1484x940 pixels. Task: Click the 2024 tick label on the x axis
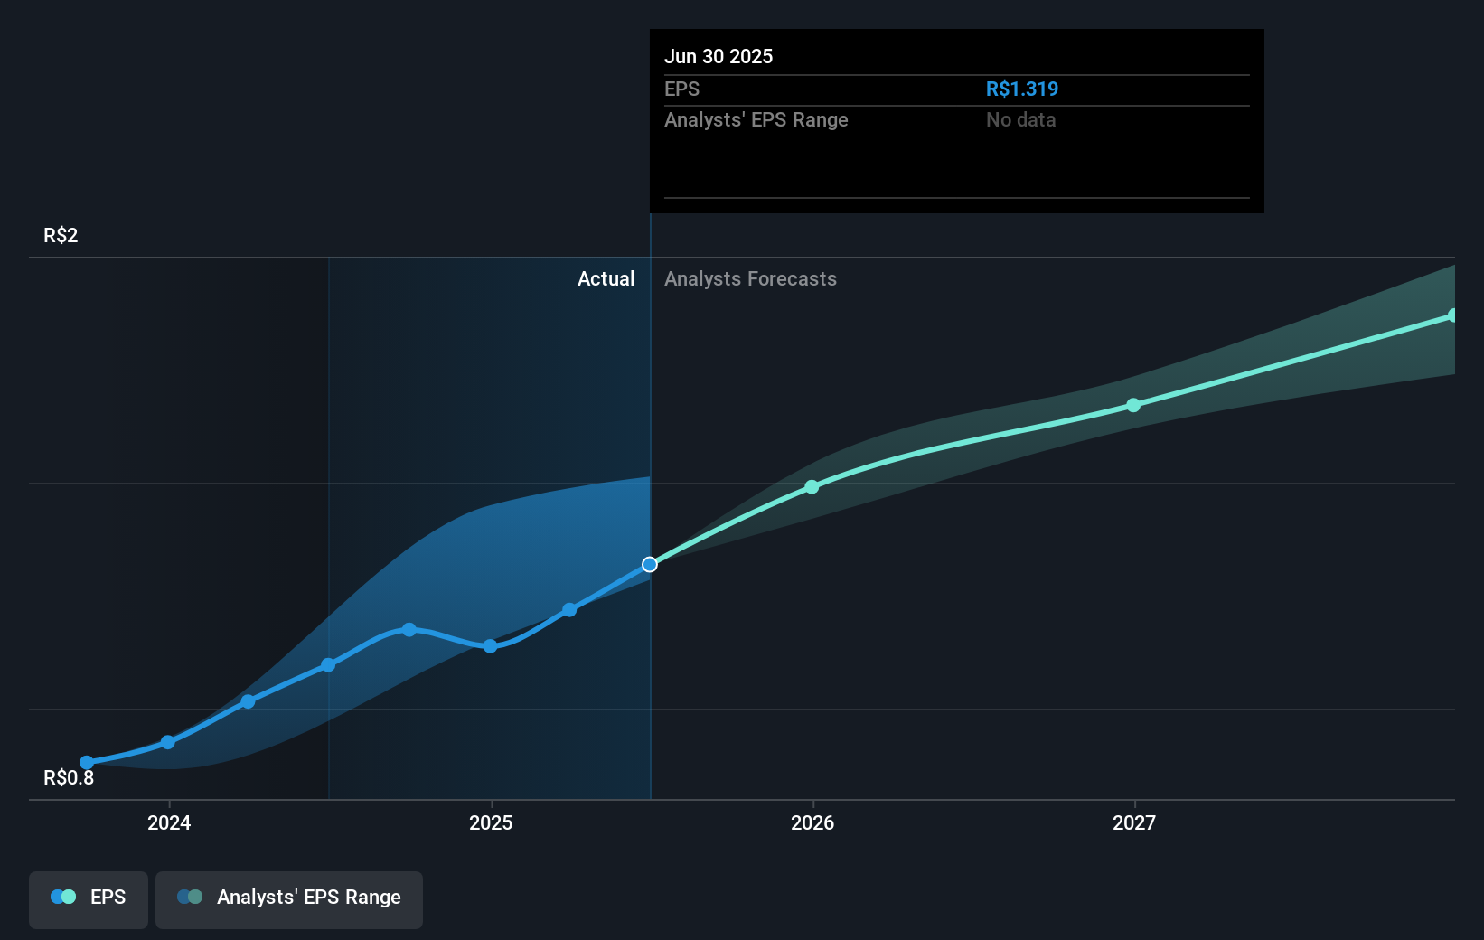tap(169, 822)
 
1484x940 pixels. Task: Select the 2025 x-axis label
tap(491, 822)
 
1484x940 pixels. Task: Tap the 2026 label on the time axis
tap(812, 822)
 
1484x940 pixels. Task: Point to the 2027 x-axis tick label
tap(1134, 822)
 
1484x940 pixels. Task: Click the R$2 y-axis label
tap(61, 236)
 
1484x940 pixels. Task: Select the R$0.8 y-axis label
tap(69, 778)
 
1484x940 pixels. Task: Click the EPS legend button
tap(89, 898)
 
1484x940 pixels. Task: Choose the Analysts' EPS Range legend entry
tap(289, 898)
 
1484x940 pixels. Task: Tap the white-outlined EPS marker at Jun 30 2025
tap(650, 565)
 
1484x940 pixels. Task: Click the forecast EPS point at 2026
tap(812, 487)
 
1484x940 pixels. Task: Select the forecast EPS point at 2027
tap(1133, 406)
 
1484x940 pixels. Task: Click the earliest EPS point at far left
tap(87, 763)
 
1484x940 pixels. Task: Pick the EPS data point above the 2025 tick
tap(490, 646)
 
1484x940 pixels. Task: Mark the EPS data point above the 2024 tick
tap(168, 742)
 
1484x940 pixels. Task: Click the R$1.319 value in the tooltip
tap(1021, 89)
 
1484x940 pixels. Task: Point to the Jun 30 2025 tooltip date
tap(719, 57)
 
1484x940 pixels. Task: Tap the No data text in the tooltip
tap(1020, 120)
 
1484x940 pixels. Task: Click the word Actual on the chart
tap(606, 279)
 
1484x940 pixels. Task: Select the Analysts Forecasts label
tap(750, 279)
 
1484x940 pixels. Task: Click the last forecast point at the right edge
tap(1452, 315)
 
